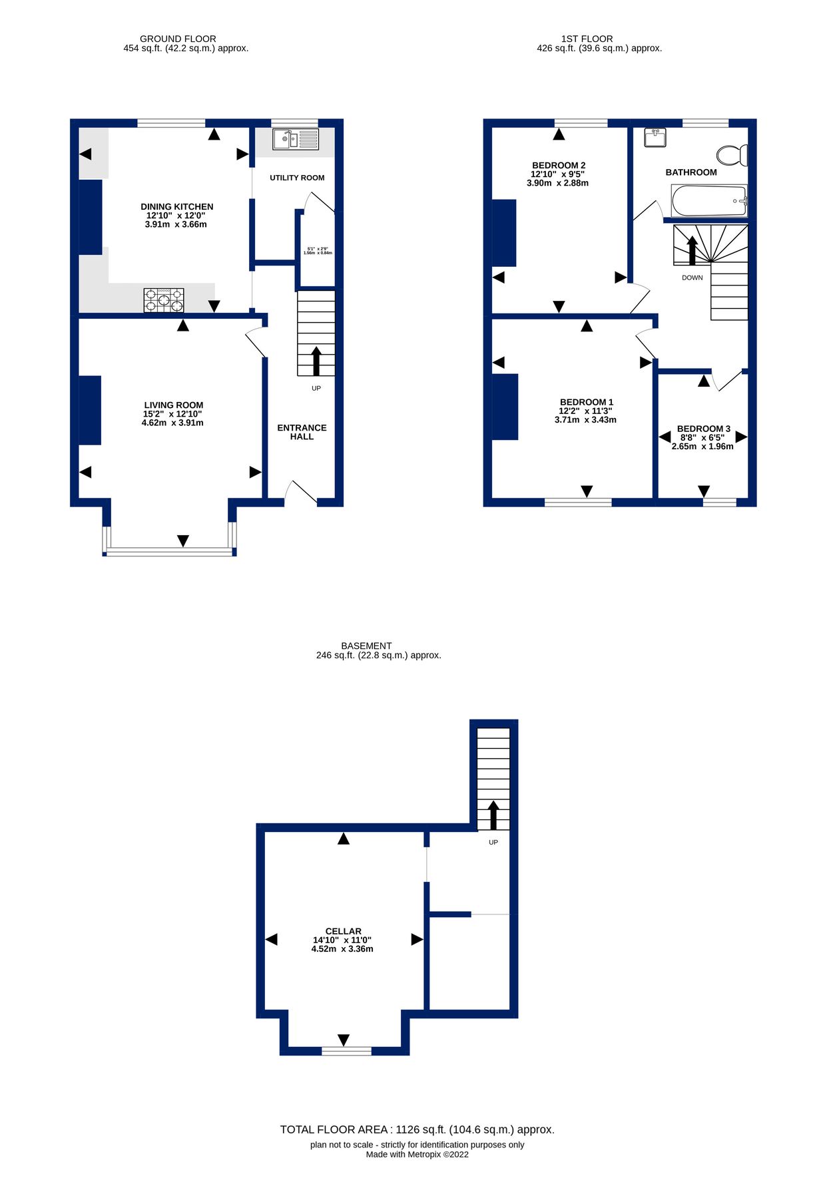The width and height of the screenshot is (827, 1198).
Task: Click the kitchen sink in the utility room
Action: tap(296, 140)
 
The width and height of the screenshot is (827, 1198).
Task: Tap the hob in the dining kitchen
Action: tap(164, 300)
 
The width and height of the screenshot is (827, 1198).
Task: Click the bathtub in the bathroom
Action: tap(708, 201)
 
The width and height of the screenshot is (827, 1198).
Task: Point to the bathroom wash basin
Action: tap(655, 138)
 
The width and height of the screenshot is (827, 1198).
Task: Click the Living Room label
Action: tap(173, 405)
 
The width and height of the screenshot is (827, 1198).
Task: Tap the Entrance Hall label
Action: tap(302, 432)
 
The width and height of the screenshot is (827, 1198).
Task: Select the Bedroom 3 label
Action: tap(703, 429)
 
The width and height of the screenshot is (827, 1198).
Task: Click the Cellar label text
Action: tap(343, 931)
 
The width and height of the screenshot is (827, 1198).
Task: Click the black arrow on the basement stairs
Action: tap(493, 815)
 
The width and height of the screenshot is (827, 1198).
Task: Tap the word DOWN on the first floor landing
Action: tap(692, 278)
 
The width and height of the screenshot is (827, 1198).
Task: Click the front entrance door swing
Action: tap(300, 491)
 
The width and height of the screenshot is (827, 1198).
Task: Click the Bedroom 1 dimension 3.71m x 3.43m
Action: tap(585, 420)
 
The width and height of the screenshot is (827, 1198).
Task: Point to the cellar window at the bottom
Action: tap(346, 1051)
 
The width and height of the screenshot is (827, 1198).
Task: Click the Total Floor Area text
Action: tap(417, 1129)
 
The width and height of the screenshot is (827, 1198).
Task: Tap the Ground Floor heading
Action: tap(178, 39)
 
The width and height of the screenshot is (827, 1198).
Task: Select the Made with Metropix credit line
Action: tap(417, 1154)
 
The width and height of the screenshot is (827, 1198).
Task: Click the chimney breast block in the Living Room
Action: tap(90, 410)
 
